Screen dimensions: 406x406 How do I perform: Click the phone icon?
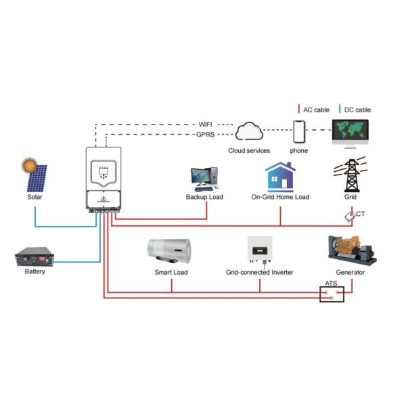[300, 131]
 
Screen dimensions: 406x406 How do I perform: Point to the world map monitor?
[351, 133]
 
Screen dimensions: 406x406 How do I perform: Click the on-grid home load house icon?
[279, 177]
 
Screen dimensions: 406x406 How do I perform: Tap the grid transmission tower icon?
[351, 175]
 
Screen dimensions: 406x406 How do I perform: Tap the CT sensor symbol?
[349, 216]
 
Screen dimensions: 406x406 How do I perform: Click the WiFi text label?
[206, 125]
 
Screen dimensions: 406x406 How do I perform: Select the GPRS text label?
[206, 135]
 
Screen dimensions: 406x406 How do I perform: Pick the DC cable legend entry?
[355, 110]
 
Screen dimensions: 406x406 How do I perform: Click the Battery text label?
[35, 272]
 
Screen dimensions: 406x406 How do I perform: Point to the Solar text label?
[35, 197]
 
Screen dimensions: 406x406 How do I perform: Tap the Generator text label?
[350, 272]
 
